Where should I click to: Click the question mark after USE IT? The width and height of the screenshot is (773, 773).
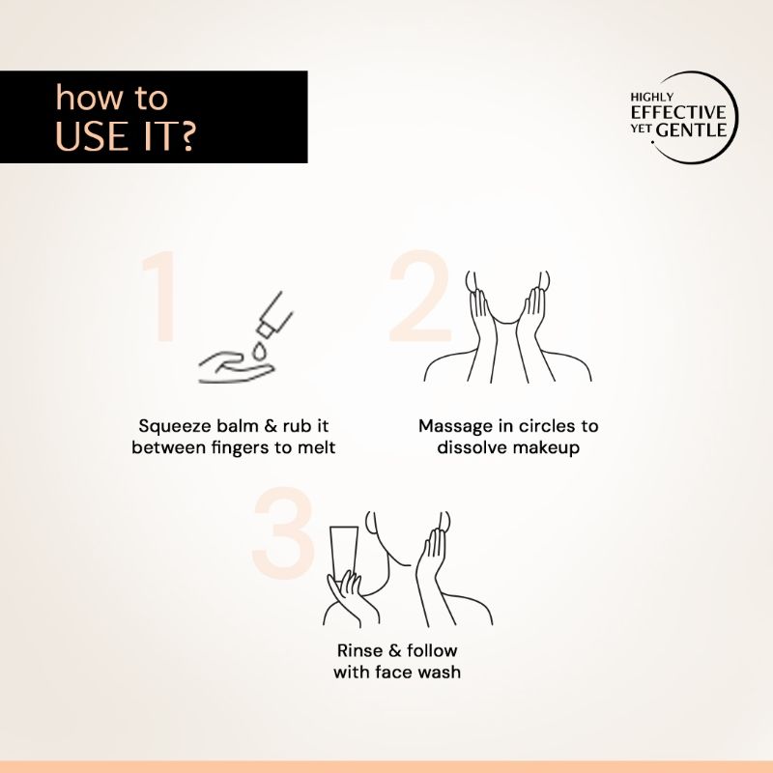tap(186, 136)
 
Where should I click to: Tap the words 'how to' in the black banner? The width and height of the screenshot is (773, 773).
tap(111, 98)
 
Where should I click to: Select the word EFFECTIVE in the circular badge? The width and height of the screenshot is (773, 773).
tap(678, 112)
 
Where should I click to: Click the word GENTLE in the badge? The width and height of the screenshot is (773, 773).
tap(692, 130)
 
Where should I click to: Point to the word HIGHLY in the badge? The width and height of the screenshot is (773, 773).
tap(651, 98)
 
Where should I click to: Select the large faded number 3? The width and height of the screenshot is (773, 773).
tap(283, 533)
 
